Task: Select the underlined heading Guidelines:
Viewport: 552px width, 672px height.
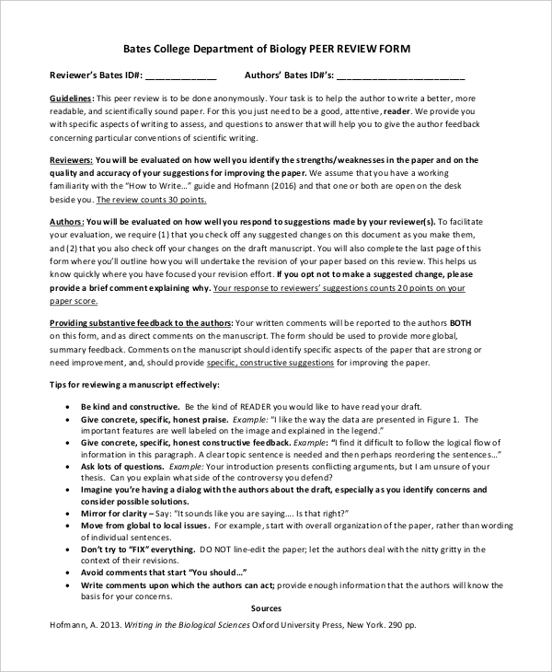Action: (x=71, y=98)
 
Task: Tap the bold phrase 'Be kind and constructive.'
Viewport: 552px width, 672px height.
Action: (x=130, y=406)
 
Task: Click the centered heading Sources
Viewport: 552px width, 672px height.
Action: (x=266, y=608)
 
